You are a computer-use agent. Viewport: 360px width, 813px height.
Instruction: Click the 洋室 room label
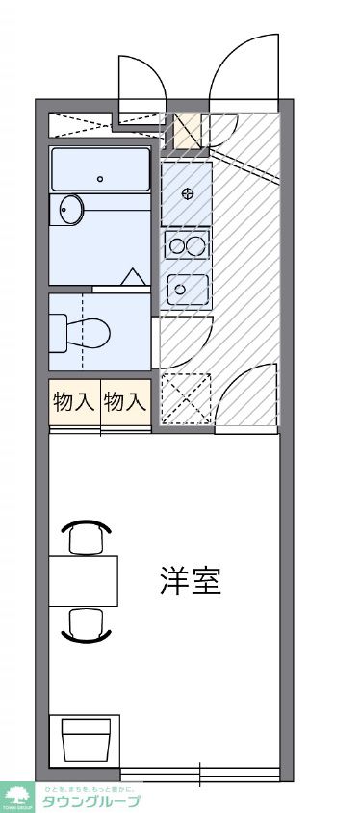[191, 581]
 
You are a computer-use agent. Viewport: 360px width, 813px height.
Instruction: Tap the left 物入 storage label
[74, 402]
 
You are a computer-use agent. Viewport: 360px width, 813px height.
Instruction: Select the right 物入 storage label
[125, 402]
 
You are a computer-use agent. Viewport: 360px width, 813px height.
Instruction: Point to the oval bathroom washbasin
[70, 209]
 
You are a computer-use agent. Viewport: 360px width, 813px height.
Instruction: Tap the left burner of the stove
[177, 245]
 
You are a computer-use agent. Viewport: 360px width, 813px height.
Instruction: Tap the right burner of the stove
[195, 245]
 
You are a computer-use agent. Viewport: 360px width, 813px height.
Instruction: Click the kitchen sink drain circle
[180, 289]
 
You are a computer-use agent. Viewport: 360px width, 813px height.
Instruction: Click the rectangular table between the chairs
[83, 580]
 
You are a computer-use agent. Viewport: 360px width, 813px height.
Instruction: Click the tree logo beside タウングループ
[16, 797]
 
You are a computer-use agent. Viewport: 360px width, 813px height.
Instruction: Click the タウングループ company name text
[90, 801]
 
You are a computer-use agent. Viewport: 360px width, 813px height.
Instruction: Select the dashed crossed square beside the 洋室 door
[184, 398]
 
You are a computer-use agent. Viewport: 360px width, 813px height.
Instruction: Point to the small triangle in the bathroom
[131, 277]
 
